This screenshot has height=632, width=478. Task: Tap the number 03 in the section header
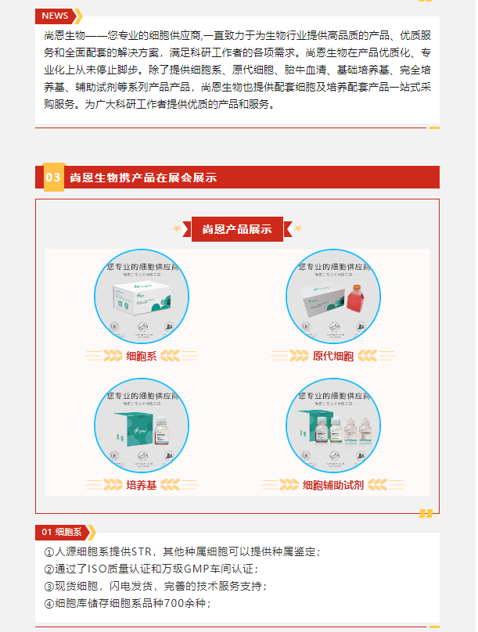coord(52,178)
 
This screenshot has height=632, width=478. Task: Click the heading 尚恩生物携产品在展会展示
coord(143,178)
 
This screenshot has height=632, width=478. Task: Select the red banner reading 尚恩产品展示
coord(237,229)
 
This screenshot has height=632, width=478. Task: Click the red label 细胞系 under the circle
coord(142,357)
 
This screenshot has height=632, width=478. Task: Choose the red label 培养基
coord(142,485)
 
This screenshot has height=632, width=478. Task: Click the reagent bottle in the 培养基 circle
coord(164,431)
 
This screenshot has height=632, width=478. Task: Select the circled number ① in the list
coord(49,552)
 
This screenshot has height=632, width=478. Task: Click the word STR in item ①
coord(141,552)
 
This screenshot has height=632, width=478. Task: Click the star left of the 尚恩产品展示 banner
coord(177,229)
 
